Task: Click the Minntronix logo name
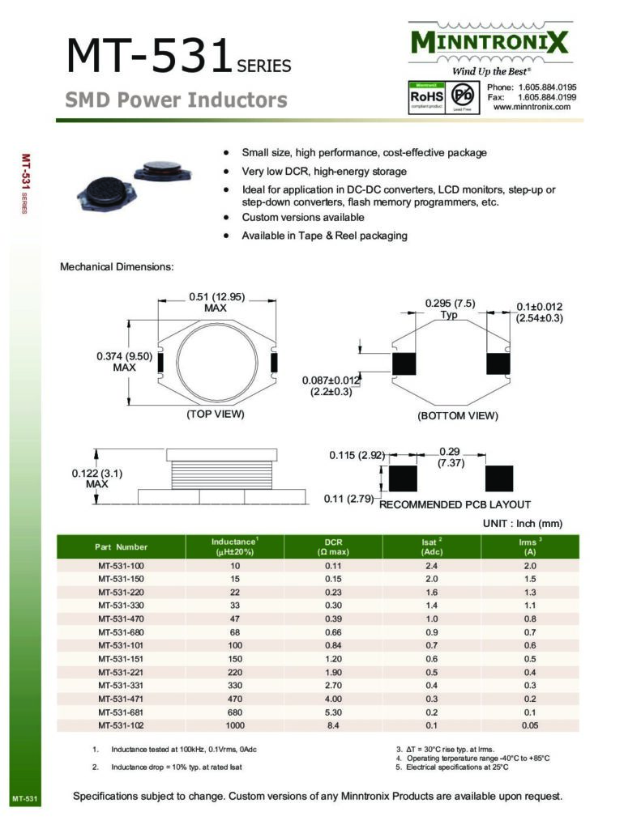489,41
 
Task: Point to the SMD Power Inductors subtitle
176,100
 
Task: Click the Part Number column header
121,546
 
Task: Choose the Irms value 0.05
530,725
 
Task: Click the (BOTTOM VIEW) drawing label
458,415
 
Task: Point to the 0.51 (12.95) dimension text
216,296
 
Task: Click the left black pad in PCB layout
403,478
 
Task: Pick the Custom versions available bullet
303,218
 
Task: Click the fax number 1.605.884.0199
547,97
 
